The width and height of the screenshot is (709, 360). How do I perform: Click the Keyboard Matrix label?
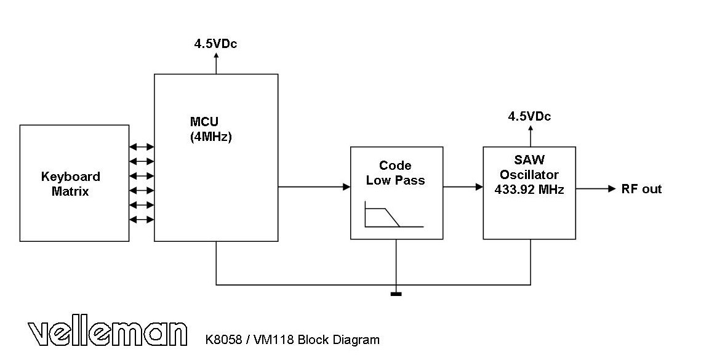tap(71, 184)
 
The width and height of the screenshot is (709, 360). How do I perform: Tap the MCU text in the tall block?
tap(204, 122)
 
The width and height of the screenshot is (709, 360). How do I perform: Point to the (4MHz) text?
tap(211, 137)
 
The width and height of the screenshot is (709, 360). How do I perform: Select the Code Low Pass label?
tap(395, 173)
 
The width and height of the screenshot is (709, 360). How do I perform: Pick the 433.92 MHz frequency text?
tap(529, 190)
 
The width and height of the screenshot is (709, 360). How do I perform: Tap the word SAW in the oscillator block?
tap(529, 160)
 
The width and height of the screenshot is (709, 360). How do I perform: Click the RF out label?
tap(641, 189)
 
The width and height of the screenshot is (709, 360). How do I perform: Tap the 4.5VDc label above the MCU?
tap(215, 44)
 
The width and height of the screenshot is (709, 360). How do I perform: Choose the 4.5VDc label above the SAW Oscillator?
tap(529, 116)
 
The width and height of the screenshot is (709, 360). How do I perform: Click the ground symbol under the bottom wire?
tap(396, 294)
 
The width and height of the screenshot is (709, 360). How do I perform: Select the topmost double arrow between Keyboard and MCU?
tap(142, 147)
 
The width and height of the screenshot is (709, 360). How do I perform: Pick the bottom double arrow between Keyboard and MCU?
tap(142, 220)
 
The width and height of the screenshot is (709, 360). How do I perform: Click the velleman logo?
tap(107, 334)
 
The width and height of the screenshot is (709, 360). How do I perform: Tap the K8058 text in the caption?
tap(222, 340)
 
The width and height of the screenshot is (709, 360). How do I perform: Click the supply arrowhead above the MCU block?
tap(216, 55)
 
